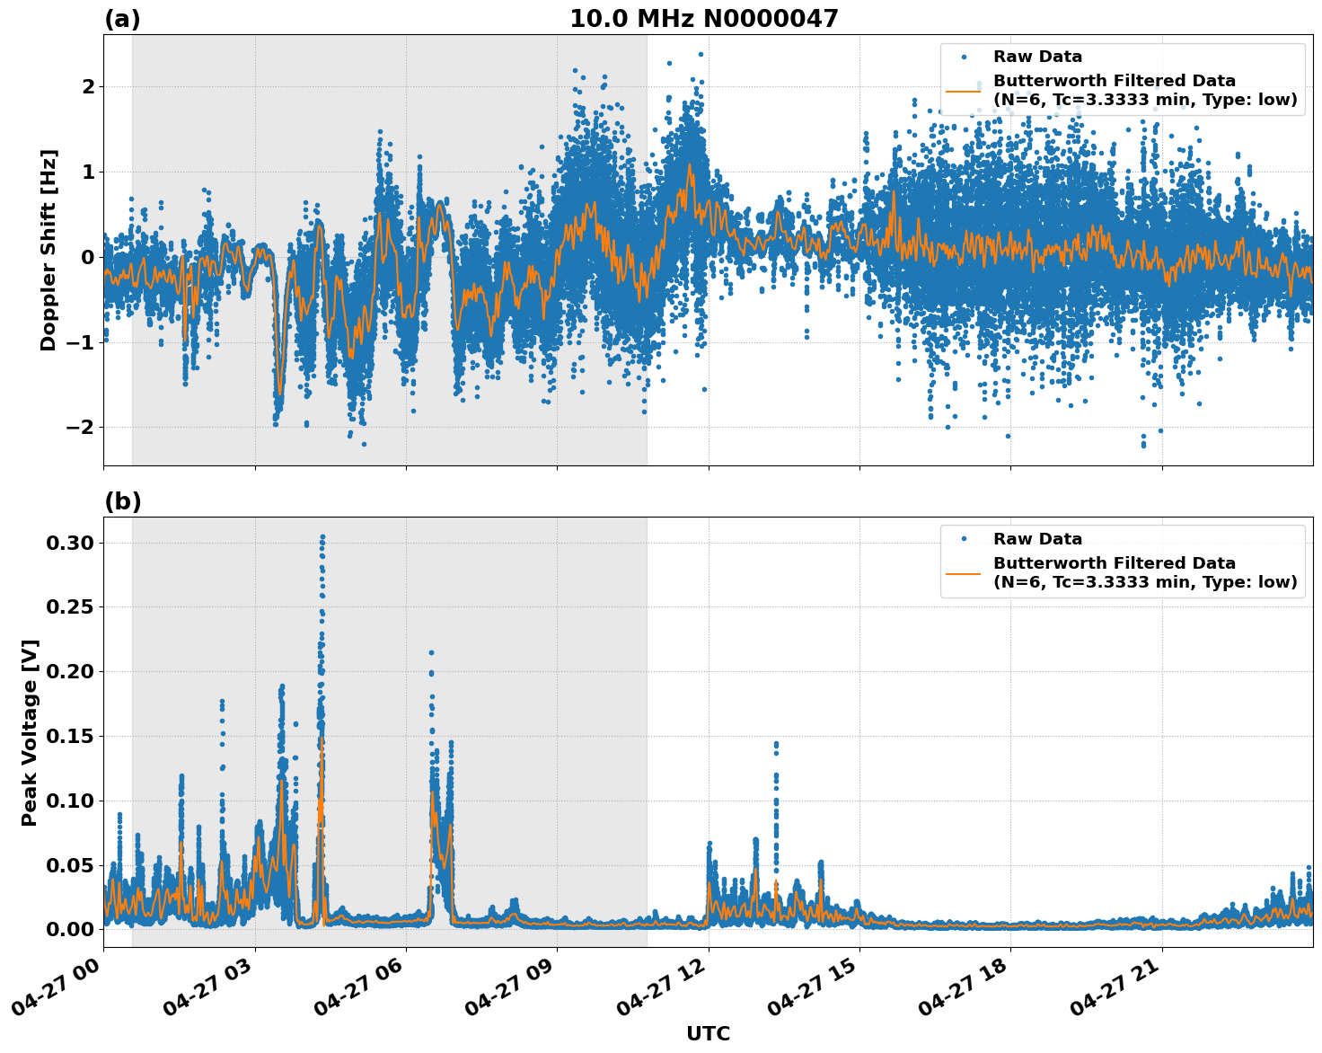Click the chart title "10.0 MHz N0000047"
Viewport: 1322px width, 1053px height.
(704, 19)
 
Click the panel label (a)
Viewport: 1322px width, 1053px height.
(122, 19)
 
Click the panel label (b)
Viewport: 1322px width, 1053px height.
(122, 501)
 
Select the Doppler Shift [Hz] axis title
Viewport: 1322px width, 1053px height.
(48, 250)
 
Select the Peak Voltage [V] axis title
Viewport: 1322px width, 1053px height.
(30, 732)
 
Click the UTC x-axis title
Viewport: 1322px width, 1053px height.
(708, 1033)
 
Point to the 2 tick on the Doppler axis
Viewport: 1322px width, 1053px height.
(88, 86)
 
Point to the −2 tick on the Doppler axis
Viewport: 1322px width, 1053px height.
(81, 427)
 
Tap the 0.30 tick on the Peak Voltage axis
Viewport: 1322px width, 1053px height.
(69, 543)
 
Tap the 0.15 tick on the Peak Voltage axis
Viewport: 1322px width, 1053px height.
(69, 736)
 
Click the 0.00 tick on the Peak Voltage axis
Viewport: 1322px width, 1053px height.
(69, 929)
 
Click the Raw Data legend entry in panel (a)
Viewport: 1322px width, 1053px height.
(1037, 58)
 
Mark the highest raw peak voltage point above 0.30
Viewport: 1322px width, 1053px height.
(322, 537)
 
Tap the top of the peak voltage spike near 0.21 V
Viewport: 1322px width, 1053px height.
(431, 653)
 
